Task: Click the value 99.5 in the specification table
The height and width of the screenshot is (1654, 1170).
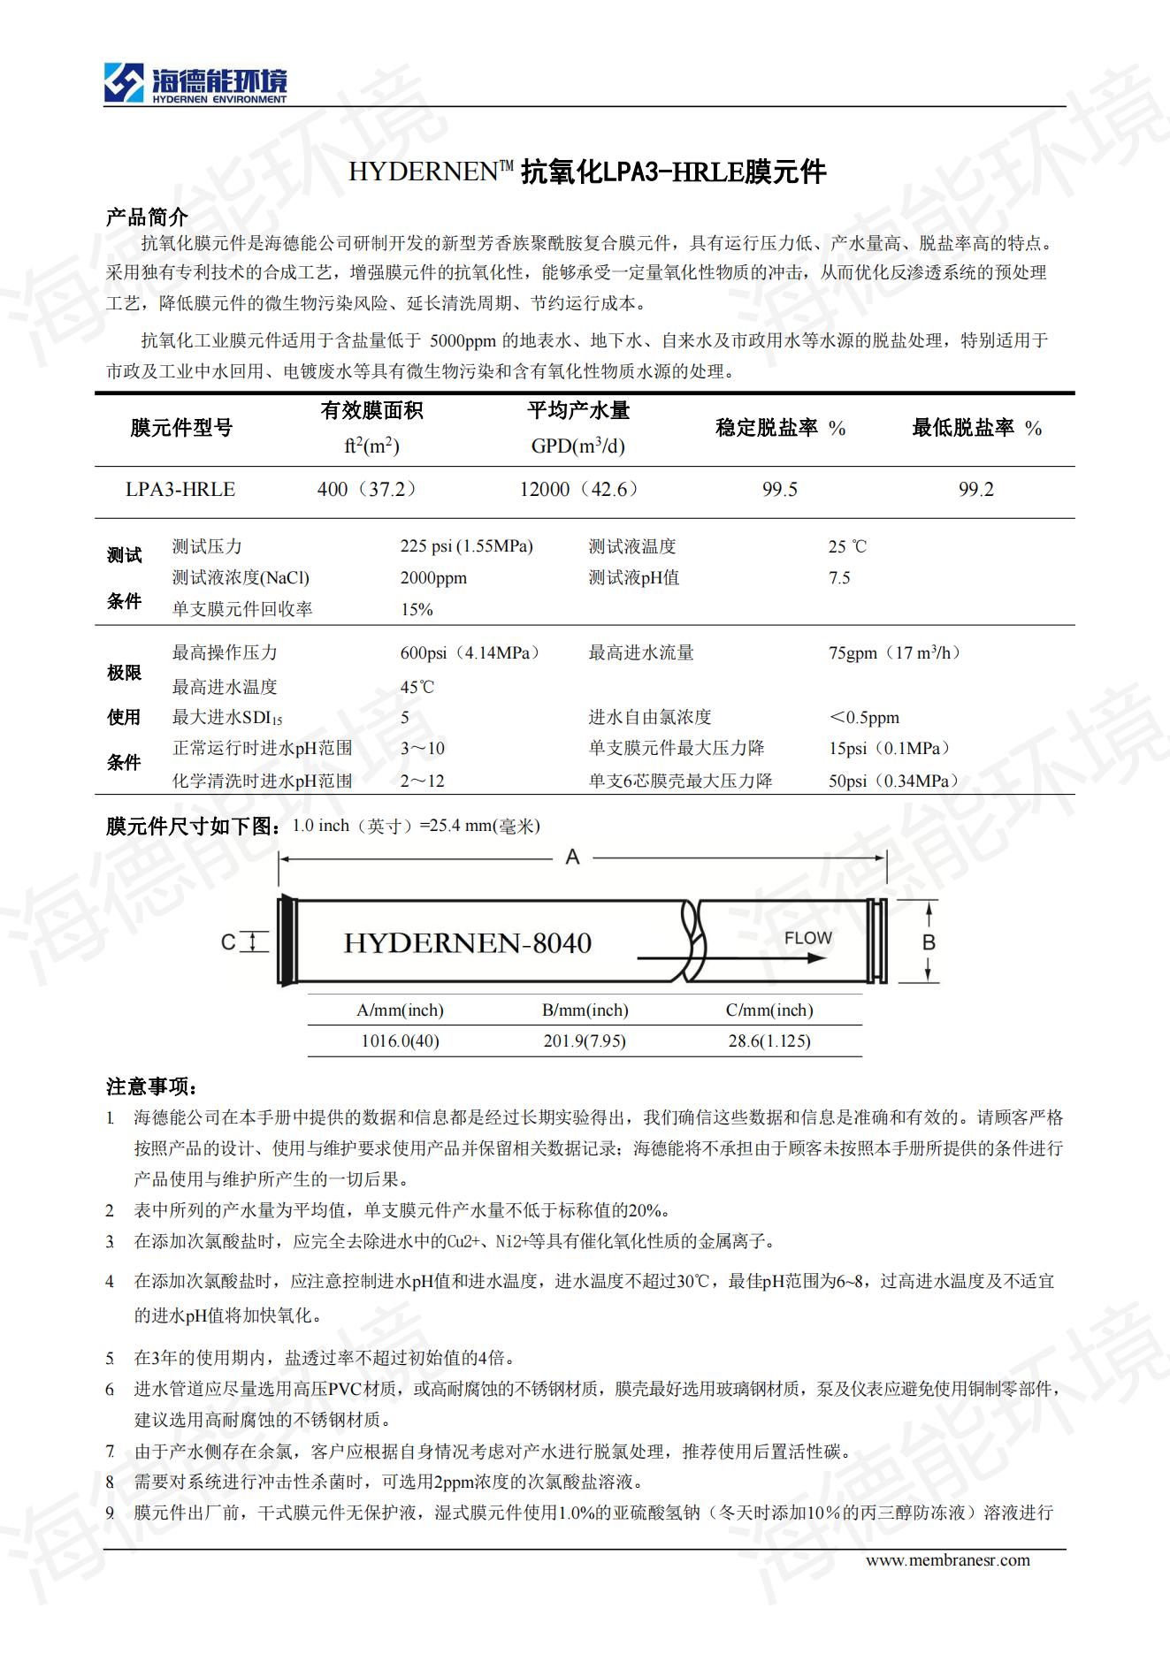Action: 780,490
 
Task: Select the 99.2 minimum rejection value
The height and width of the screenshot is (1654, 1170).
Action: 976,490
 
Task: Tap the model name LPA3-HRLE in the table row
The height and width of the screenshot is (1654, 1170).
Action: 180,490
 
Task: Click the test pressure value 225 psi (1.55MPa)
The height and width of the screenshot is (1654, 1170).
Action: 466,546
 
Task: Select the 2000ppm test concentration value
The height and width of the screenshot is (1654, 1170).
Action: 433,578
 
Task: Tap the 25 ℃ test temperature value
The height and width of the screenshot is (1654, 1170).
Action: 847,547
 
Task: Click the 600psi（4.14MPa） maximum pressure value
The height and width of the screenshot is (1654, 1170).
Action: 471,653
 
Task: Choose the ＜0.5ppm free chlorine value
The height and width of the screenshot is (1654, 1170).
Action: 864,718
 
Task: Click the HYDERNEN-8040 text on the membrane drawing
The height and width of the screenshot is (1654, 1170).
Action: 467,943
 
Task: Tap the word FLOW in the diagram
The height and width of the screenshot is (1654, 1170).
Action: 807,938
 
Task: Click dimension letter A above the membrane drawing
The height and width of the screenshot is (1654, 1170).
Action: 572,857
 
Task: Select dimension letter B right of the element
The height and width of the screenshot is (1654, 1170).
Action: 929,942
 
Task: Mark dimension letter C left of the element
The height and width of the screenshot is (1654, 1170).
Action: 228,942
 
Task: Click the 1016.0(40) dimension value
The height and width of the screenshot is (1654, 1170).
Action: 400,1041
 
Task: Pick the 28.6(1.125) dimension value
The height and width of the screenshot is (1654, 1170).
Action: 769,1041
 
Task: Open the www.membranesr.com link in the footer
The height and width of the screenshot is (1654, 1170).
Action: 947,1560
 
